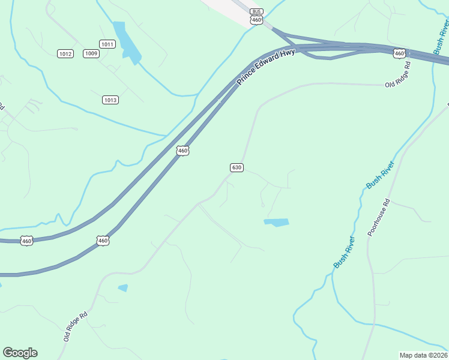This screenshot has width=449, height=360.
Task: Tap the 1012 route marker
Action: coord(65,54)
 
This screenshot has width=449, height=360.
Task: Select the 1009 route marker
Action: coord(91,53)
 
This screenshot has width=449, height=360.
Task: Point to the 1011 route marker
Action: coord(107,44)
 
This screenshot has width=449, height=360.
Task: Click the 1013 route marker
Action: coord(110,100)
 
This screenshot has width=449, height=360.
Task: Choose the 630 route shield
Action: coord(237,167)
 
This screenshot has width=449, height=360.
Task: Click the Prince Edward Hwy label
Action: coord(265,67)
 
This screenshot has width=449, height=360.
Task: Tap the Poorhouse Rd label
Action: coord(379,217)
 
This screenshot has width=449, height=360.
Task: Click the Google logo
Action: coord(20,353)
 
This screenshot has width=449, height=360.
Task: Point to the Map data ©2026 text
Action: coord(423,355)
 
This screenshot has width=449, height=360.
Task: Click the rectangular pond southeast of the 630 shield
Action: coord(276,223)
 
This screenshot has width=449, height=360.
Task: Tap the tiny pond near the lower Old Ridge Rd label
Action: coord(123,288)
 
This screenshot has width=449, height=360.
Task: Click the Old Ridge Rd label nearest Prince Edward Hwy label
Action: coord(397,74)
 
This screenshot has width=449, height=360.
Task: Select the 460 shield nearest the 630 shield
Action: coord(183,151)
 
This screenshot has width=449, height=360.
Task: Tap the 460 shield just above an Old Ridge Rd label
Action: coord(400,54)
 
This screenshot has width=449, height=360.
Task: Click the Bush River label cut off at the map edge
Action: coord(441,37)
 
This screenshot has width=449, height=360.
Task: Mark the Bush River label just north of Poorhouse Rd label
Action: coord(380,175)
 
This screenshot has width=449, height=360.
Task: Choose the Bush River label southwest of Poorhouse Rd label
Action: coord(344,252)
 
